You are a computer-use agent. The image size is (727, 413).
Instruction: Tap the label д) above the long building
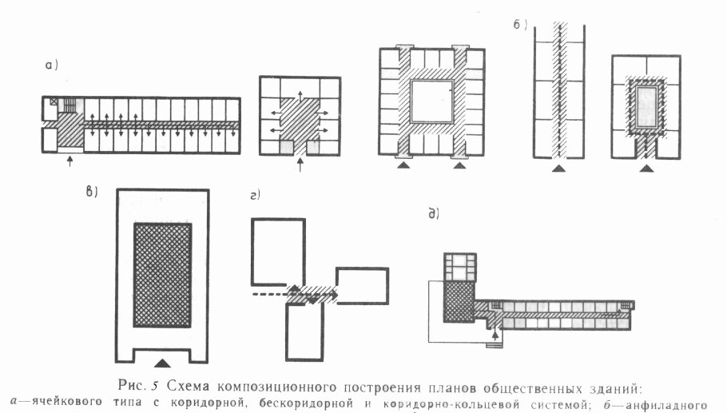click(434, 213)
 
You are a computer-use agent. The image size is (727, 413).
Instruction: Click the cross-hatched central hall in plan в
click(162, 275)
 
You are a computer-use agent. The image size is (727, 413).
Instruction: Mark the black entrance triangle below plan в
click(162, 352)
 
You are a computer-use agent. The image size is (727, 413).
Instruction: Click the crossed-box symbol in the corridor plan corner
click(54, 102)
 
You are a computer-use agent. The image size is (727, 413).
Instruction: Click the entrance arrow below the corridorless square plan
click(300, 165)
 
